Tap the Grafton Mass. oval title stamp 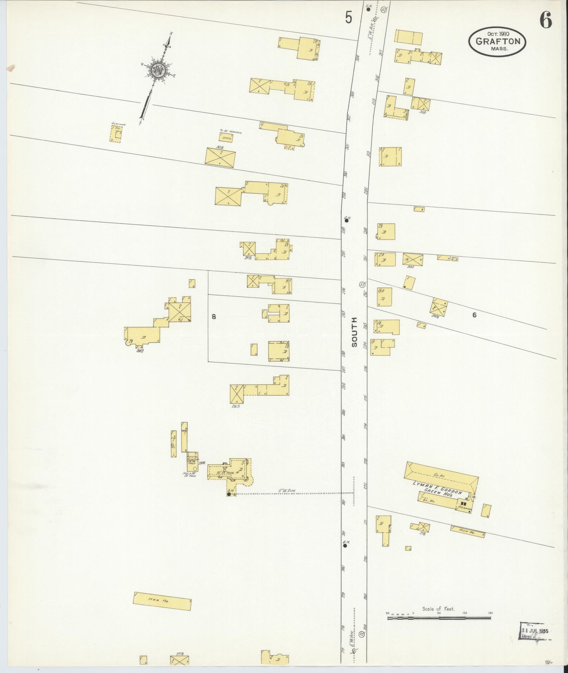click(497, 42)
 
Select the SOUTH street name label click(354, 332)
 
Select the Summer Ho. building click(116, 134)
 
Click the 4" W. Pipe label click(286, 490)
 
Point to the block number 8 click(213, 316)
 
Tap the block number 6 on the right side click(474, 315)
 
